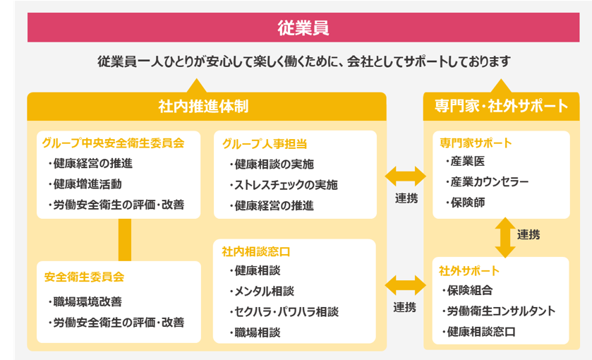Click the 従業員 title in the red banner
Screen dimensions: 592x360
tap(303, 28)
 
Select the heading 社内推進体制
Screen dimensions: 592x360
tap(203, 107)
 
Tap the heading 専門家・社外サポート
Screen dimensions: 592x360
tap(501, 106)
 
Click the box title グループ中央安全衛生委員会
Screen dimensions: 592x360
tap(114, 143)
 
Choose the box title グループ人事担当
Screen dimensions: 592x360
tap(265, 144)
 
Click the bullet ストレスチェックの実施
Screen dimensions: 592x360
tap(283, 185)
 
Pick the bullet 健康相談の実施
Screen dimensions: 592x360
tap(272, 164)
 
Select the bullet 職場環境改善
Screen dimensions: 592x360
tap(85, 302)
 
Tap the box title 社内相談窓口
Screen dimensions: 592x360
tap(256, 251)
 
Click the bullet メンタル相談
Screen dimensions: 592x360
tap(261, 292)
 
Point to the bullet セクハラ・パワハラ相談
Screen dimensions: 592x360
tap(284, 312)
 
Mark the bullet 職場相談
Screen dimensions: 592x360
tap(255, 332)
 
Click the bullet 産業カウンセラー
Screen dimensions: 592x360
tap(487, 182)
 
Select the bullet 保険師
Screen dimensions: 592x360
tap(465, 203)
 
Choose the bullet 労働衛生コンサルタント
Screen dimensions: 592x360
tap(498, 311)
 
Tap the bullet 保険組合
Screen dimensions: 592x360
tap(467, 291)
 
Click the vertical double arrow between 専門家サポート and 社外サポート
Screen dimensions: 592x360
tap(505, 238)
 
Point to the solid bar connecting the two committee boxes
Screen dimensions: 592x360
tap(125, 240)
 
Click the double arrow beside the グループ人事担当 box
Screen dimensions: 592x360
tap(406, 176)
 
